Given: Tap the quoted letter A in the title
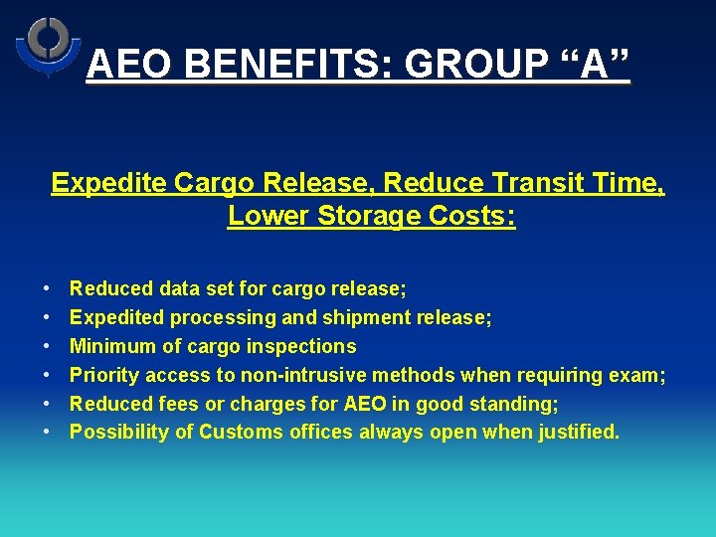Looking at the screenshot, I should pyautogui.click(x=593, y=66).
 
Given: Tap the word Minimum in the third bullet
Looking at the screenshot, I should pyautogui.click(x=113, y=347).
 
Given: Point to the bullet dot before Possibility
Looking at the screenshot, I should pyautogui.click(x=48, y=433).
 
